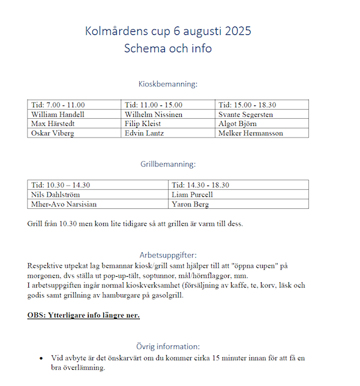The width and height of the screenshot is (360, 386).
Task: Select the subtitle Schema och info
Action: [167, 49]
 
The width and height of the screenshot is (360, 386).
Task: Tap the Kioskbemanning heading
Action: [167, 85]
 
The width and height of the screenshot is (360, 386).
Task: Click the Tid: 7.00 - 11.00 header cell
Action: [58, 105]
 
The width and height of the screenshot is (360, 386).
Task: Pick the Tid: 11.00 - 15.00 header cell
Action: [153, 105]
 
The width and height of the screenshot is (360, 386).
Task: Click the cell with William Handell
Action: [58, 114]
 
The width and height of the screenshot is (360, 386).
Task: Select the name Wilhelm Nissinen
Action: [154, 114]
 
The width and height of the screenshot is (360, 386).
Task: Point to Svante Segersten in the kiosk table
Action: [245, 114]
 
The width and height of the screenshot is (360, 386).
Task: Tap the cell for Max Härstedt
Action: [55, 124]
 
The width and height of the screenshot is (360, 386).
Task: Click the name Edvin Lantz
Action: [145, 133]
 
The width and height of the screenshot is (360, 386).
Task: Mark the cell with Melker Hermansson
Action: [250, 133]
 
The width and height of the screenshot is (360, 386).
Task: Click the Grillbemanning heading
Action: [167, 163]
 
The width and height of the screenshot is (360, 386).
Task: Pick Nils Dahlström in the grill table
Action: [55, 195]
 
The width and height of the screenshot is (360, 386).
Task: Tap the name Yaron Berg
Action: [191, 204]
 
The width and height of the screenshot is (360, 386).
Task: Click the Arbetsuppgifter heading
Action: [167, 255]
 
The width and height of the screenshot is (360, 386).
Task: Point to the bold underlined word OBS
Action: [37, 315]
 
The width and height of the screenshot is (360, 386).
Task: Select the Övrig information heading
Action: [167, 346]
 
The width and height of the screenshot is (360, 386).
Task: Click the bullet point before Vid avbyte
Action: [41, 358]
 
